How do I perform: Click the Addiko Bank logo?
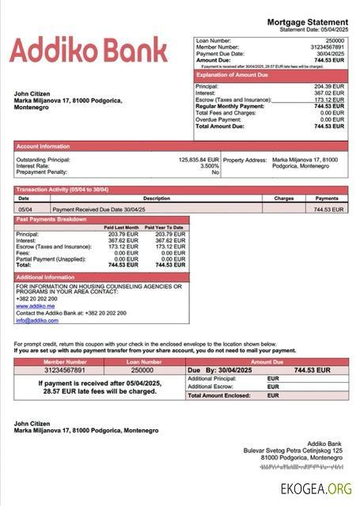point(88,50)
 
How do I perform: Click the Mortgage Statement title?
point(307,22)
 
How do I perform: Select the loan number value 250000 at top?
point(335,40)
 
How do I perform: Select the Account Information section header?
point(44,146)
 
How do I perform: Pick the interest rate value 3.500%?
point(209,166)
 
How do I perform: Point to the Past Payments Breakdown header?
point(52,219)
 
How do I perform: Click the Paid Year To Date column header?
point(165,228)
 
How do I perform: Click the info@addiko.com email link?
point(32,320)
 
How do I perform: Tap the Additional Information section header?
point(46,278)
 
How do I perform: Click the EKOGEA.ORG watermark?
point(316,489)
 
